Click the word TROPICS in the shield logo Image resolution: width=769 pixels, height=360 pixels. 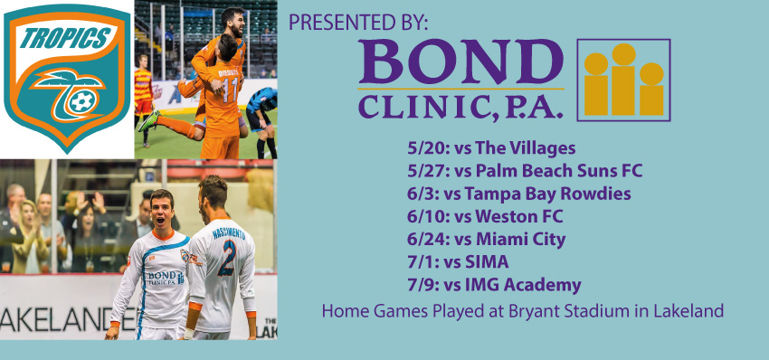pos(65,39)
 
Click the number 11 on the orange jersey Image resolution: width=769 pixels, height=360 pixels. pos(230,90)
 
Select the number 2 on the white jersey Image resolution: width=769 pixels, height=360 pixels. pos(227,258)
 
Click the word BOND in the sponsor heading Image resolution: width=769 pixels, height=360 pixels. pos(461,62)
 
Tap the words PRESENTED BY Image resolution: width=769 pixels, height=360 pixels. pos(358,22)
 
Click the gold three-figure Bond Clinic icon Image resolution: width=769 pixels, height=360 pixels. pos(624,80)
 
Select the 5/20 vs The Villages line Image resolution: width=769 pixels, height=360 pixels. pos(491,147)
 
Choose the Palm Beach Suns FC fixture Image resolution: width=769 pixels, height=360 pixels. pos(524,171)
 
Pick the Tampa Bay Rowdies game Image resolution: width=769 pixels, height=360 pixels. pos(519,194)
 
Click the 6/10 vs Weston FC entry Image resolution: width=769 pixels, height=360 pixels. pos(485,216)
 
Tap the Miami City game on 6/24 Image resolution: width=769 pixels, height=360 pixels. pos(486,240)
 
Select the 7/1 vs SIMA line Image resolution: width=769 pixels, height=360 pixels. pos(458,262)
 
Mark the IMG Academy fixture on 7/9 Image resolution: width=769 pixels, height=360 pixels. pos(494,286)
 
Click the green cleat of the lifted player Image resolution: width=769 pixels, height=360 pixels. pos(148,120)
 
